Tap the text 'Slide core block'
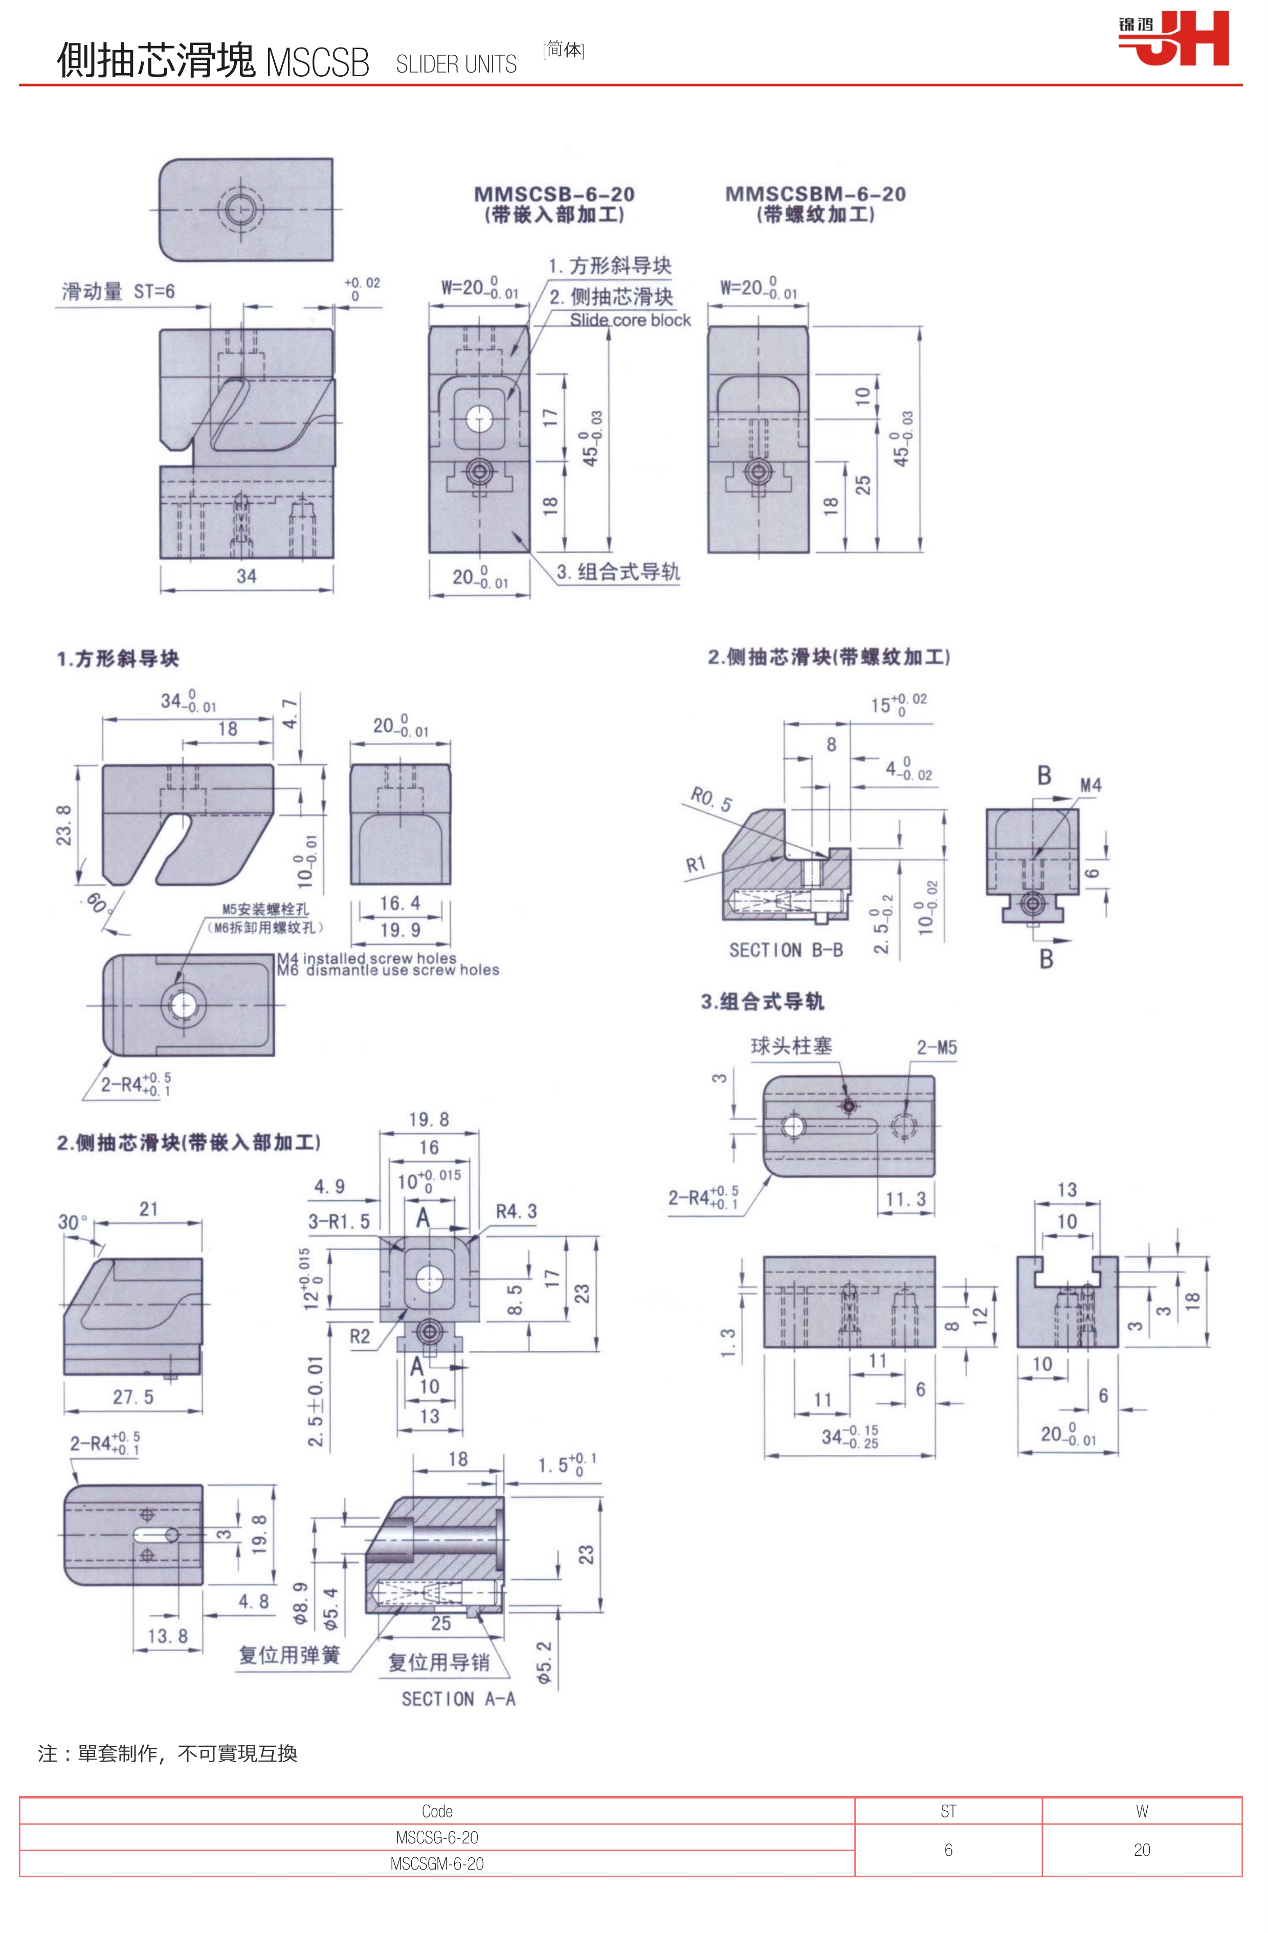tap(630, 321)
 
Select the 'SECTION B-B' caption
tap(786, 950)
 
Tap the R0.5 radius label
tap(711, 799)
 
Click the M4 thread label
tap(1090, 785)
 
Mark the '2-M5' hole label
tap(937, 1048)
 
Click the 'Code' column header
tap(437, 1811)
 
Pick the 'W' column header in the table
tap(1141, 1811)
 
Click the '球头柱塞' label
tap(791, 1046)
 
